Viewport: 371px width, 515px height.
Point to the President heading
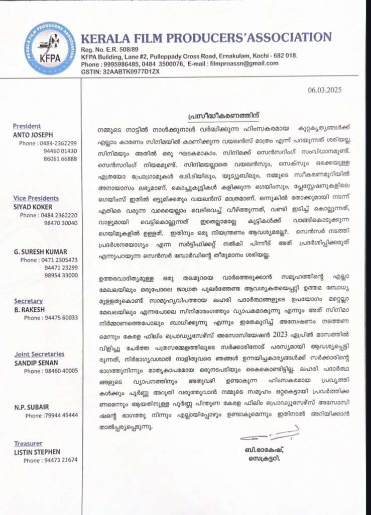pos(27,126)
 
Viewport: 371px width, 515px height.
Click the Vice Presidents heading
pos(36,198)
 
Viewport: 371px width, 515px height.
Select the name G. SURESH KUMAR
pos(41,251)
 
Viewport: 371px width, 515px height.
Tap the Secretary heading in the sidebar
pos(28,301)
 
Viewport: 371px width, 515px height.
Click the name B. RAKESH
pos(30,309)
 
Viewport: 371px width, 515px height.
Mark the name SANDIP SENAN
pos(36,362)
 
